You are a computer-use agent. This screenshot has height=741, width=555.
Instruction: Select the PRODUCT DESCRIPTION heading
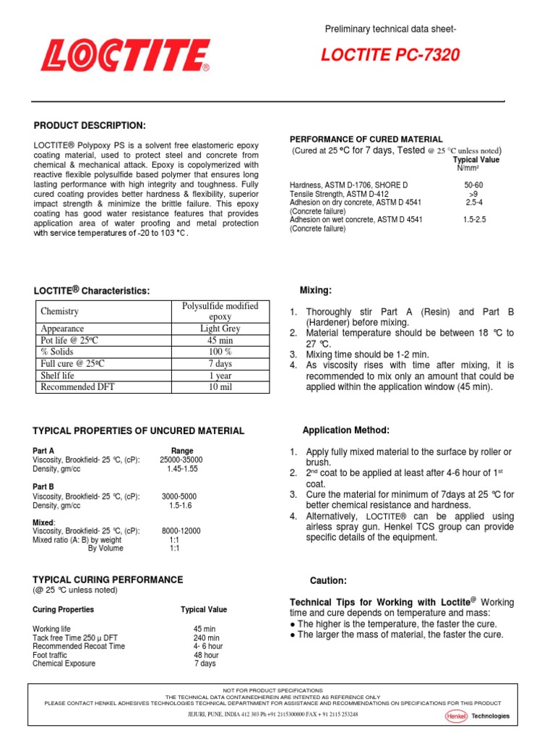coord(90,126)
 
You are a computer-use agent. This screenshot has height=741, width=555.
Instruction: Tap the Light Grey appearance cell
coord(220,329)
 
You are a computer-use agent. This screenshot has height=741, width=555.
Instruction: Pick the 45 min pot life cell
coord(220,340)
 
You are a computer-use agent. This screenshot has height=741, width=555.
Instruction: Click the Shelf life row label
coord(58,376)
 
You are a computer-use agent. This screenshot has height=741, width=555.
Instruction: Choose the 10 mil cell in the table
coord(220,387)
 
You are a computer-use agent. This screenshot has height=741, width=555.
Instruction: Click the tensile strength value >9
coord(473,195)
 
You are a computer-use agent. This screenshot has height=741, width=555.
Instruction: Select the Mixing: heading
coord(316,290)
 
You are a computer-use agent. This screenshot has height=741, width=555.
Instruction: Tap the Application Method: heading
coord(346,431)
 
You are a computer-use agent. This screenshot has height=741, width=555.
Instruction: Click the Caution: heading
coord(328,581)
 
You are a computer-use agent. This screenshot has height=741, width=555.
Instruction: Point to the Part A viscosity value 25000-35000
coord(181,460)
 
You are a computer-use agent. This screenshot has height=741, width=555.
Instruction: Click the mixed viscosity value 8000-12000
coord(181,530)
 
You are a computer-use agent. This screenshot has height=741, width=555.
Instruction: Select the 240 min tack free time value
coord(207,638)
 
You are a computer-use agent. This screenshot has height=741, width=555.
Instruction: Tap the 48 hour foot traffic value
coord(206,655)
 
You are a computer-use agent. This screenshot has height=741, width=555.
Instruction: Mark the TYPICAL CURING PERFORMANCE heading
coord(108,580)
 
